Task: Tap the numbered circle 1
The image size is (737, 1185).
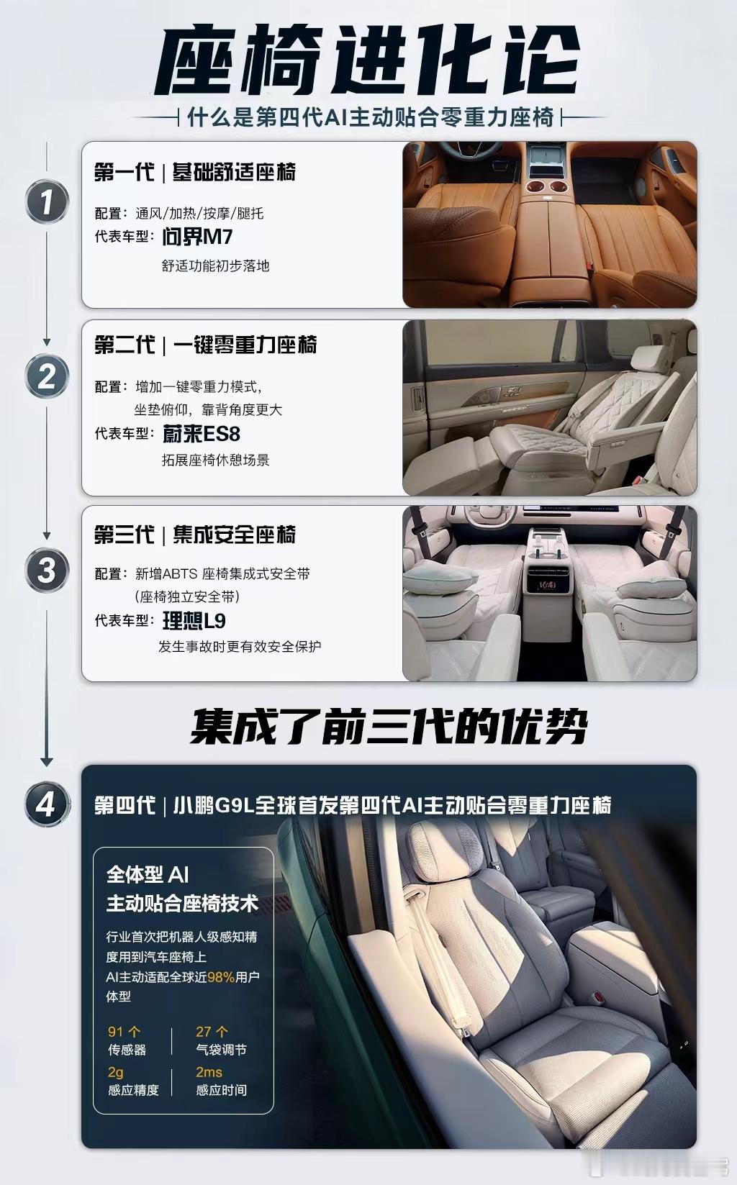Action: point(47,201)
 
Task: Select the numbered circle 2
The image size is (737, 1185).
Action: point(47,376)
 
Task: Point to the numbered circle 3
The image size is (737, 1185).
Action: point(47,571)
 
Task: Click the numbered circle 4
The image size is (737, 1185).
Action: point(47,804)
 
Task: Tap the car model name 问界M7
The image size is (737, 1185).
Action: point(197,237)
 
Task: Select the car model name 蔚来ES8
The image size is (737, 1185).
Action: point(201,434)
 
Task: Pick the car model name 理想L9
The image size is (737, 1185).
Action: point(194,620)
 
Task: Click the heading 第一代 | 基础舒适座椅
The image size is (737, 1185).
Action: point(195,172)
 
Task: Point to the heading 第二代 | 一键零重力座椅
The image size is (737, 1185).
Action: point(205,345)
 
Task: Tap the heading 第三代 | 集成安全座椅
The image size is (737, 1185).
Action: point(195,535)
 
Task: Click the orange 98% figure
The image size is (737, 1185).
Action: point(221,977)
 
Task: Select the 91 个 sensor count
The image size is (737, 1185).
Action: point(125,1032)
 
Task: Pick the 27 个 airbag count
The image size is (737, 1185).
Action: point(212,1032)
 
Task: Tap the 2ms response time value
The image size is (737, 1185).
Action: point(209,1072)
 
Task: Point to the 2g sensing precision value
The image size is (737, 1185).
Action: point(116,1073)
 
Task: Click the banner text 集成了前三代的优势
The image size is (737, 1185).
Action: point(389,727)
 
